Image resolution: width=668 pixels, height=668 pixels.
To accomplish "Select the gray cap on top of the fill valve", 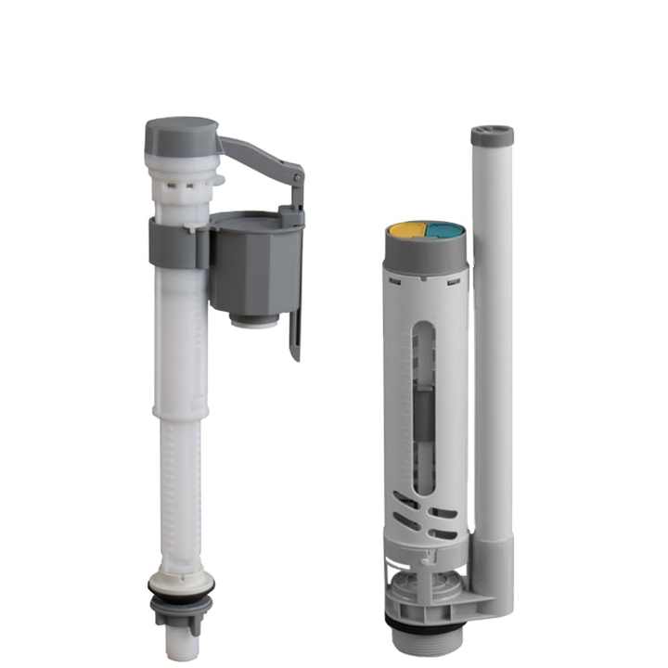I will pyautogui.click(x=181, y=135).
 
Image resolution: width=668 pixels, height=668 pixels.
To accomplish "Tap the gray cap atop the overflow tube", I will pyautogui.click(x=492, y=135).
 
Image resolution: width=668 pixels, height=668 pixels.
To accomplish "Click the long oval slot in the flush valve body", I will pyautogui.click(x=425, y=408).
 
